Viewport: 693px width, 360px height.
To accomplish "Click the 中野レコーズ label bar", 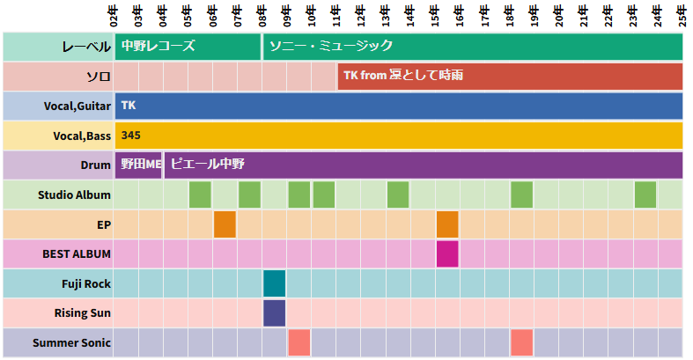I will tap(188, 47).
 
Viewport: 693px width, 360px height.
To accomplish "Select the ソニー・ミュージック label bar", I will tap(473, 47).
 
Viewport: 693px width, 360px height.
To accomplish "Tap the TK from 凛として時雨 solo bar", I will tap(510, 77).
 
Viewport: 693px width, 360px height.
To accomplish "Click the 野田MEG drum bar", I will tap(139, 165).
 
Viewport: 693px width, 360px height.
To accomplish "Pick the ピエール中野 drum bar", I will tap(424, 165).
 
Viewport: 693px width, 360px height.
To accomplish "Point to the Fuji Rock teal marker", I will tap(275, 283).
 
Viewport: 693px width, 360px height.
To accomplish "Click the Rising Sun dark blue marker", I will tap(275, 312).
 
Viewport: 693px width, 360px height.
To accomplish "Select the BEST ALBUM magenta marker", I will tap(447, 253).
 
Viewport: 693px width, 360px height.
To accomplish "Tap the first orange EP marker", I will tap(225, 224).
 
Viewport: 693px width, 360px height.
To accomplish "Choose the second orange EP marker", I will tap(447, 224).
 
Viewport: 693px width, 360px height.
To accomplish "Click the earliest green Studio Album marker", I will tap(200, 195).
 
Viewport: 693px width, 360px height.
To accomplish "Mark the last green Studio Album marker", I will tap(645, 195).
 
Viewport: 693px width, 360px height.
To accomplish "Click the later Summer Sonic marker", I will tap(521, 342).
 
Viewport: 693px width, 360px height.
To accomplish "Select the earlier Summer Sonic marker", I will tap(299, 342).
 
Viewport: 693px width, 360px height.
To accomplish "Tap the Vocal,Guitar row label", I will tap(77, 107).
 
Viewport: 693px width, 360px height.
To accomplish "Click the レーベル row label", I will tap(86, 47).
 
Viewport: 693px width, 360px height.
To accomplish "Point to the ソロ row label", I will tap(98, 77).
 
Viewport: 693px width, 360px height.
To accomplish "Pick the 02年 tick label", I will tap(114, 15).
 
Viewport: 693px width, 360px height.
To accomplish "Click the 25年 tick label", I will tap(682, 15).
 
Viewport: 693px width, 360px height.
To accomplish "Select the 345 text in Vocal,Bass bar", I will tap(130, 136).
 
